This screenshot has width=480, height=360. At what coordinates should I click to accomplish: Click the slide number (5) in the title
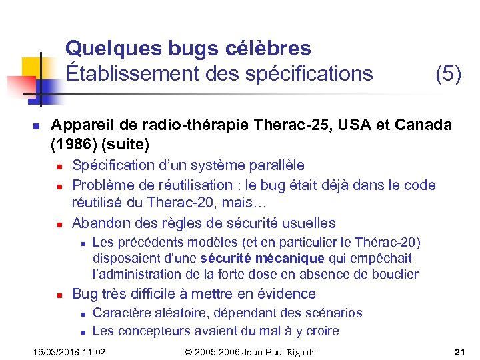click(448, 73)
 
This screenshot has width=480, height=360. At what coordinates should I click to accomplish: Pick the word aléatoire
click(173, 313)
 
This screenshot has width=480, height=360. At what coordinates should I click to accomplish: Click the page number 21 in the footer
click(459, 352)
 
